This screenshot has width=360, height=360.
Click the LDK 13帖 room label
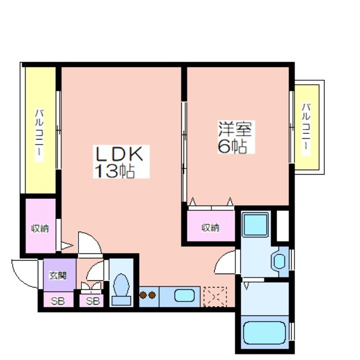[x=119, y=162]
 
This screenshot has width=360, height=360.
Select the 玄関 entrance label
[x=58, y=275]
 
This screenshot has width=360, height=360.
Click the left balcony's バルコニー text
[x=39, y=135]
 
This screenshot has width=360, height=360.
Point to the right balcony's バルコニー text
[x=306, y=130]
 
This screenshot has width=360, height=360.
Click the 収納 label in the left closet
[x=40, y=229]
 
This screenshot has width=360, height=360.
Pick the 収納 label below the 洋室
[x=211, y=228]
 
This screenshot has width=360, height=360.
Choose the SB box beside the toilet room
[x=91, y=301]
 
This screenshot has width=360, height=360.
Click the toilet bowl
[x=121, y=289]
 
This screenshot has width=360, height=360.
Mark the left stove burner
[x=143, y=295]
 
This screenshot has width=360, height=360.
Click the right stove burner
[x=152, y=295]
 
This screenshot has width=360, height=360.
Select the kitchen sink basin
[x=184, y=296]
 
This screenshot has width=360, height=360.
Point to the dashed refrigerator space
[x=215, y=297]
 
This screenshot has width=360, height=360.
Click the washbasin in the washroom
[x=279, y=261]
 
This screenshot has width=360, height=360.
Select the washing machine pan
[x=256, y=225]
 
